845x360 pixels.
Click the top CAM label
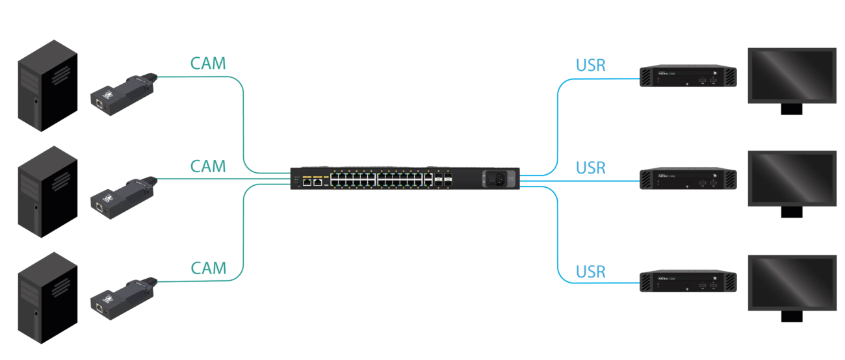coord(208,63)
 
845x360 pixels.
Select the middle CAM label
coord(208,166)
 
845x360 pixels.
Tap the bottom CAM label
coord(208,268)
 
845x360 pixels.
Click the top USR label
coord(591,65)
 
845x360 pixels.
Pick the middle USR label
coord(591,167)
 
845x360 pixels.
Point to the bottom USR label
coord(591,270)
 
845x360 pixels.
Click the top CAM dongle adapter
coord(123,94)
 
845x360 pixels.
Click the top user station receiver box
coord(689,77)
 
